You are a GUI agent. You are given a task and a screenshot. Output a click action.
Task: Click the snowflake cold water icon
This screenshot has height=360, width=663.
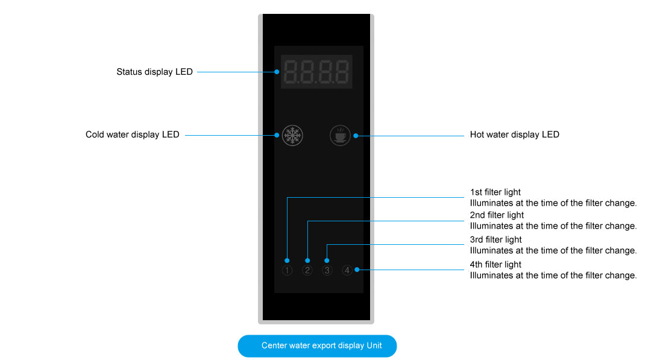tap(292, 136)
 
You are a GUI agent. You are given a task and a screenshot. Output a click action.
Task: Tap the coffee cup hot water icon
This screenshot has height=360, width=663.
tap(340, 136)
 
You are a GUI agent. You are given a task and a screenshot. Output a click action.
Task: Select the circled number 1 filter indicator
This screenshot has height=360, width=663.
tap(287, 270)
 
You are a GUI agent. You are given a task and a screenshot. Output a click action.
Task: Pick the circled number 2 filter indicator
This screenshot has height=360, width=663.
tap(307, 270)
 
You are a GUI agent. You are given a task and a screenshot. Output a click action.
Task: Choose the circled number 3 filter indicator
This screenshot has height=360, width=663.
tap(327, 270)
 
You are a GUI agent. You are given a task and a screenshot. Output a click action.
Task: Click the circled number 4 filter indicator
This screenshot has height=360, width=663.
tap(347, 270)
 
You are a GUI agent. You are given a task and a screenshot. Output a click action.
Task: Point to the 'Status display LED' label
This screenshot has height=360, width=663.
tap(154, 72)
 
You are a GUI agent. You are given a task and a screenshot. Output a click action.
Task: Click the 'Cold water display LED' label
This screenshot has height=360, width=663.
tap(132, 134)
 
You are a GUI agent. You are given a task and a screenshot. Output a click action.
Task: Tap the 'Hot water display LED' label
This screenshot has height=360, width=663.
tap(514, 134)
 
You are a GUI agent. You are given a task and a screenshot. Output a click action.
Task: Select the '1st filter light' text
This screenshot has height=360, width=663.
tap(495, 192)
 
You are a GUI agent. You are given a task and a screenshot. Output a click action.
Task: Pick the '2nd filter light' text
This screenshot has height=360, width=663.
tap(497, 215)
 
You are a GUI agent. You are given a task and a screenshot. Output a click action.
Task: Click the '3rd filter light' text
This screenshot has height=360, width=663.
tap(495, 240)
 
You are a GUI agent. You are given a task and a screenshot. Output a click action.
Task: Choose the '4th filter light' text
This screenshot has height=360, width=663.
tap(495, 265)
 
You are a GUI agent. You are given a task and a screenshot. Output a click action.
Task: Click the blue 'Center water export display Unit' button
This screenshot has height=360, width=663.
tap(317, 346)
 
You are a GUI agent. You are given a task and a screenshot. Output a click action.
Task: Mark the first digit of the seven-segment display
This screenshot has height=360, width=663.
tap(291, 72)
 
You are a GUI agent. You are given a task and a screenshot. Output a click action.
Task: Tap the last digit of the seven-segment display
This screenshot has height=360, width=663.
tap(342, 72)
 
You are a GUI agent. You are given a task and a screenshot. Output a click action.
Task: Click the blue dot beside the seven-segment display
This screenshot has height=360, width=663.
tap(277, 72)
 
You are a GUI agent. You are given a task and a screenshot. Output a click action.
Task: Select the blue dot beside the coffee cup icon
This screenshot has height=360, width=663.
tap(356, 136)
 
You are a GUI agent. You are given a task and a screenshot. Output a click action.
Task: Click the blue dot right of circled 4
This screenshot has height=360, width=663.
tap(357, 270)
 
